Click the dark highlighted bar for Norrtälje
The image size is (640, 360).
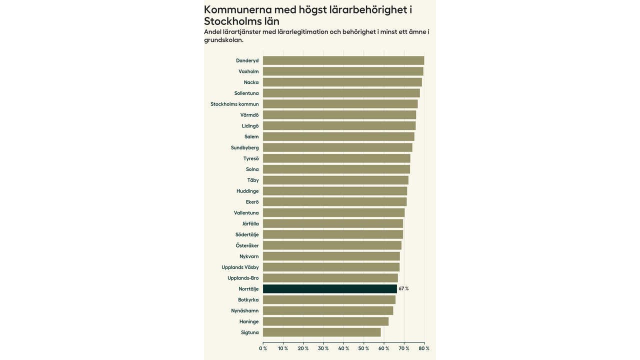(330, 288)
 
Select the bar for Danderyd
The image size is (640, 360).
(343, 60)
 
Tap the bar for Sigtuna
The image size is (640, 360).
(321, 332)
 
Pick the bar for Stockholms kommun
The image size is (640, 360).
(340, 104)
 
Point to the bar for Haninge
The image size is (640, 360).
(325, 321)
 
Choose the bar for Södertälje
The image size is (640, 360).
(333, 234)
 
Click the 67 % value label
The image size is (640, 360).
(403, 288)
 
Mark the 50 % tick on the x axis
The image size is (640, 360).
(363, 348)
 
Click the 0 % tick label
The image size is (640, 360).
(263, 348)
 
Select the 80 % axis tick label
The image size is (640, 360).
(424, 348)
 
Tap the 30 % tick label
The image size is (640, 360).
(323, 348)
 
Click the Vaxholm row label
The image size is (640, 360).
(248, 71)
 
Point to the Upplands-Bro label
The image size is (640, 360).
(243, 278)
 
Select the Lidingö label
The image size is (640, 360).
(250, 126)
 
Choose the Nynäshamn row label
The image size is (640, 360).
(245, 310)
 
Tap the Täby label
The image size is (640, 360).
(253, 180)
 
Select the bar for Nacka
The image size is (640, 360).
(342, 82)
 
